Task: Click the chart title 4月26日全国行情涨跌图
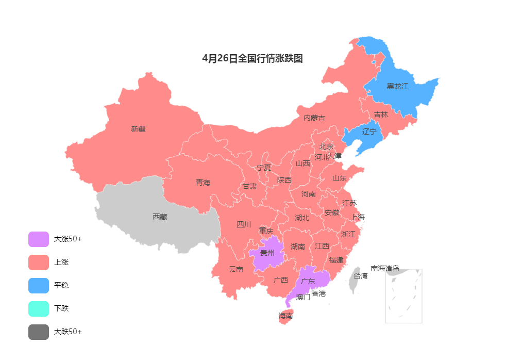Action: pyautogui.click(x=252, y=59)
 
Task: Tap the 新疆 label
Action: pyautogui.click(x=138, y=129)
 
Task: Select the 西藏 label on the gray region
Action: pyautogui.click(x=160, y=217)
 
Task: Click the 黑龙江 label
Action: pyautogui.click(x=397, y=86)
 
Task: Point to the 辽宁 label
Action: pyautogui.click(x=369, y=132)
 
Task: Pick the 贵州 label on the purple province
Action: pyautogui.click(x=267, y=253)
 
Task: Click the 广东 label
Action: pyautogui.click(x=308, y=281)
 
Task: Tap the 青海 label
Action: pyautogui.click(x=203, y=183)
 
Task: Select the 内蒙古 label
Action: pyautogui.click(x=314, y=118)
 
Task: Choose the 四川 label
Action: pyautogui.click(x=244, y=224)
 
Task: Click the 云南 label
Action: pyautogui.click(x=236, y=269)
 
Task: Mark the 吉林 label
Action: pyautogui.click(x=381, y=114)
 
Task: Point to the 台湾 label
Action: pyautogui.click(x=361, y=276)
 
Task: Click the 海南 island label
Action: pyautogui.click(x=285, y=316)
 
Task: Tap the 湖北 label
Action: pyautogui.click(x=302, y=218)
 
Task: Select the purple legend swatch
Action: pyautogui.click(x=39, y=239)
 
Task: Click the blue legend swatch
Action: pyautogui.click(x=39, y=286)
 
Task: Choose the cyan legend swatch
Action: pyautogui.click(x=39, y=309)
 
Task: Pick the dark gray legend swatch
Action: pyautogui.click(x=39, y=332)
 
